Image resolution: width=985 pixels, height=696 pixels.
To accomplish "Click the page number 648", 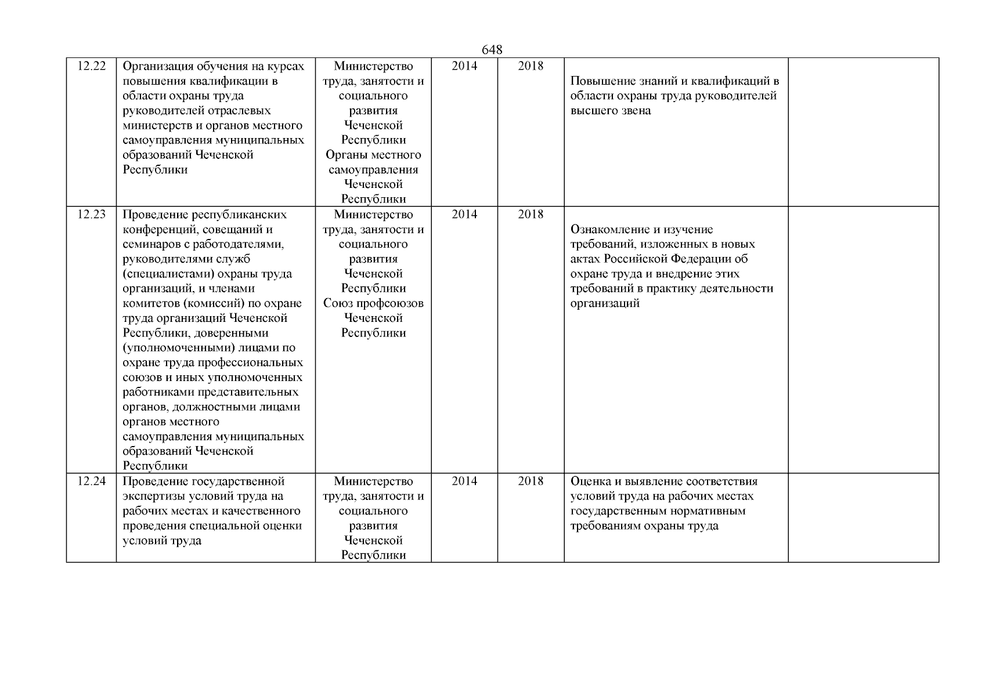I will point(492,50).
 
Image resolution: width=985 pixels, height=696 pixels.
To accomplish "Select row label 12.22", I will point(92,66).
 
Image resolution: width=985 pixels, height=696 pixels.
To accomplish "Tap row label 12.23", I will point(92,215).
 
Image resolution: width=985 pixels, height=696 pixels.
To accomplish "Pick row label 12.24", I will point(92,481).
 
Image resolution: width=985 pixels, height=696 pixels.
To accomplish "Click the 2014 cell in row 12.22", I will point(464,66).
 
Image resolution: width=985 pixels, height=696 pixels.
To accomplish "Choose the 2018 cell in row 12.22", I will point(531,66).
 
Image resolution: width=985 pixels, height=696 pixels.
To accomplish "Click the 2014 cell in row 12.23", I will point(464,215).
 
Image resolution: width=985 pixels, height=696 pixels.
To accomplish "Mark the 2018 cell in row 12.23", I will point(531,215).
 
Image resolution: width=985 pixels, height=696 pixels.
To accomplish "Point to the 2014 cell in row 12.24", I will point(464,481).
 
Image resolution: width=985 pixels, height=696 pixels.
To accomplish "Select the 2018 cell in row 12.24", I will point(531,481).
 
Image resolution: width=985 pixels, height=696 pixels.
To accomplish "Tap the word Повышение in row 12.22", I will point(600,81).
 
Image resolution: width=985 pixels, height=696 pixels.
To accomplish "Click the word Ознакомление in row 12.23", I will point(609,230).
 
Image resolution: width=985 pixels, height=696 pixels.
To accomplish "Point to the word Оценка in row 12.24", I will point(591,481).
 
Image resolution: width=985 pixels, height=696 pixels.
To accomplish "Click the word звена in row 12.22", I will point(635,111).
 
